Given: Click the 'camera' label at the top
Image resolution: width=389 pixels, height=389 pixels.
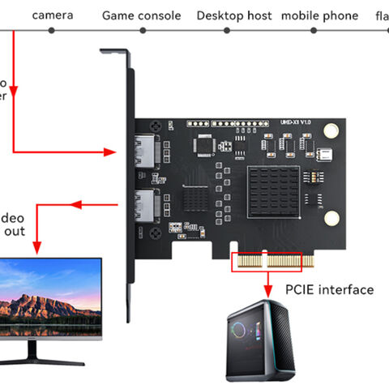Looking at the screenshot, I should click(52, 15).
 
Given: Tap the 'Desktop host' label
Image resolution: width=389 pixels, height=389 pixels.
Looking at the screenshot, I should click(233, 15).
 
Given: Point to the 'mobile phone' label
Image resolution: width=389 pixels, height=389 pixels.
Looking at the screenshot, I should click(319, 15).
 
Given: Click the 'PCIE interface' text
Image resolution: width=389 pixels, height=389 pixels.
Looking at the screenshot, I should click(330, 289).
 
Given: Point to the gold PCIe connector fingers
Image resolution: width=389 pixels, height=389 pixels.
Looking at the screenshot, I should click(268, 262).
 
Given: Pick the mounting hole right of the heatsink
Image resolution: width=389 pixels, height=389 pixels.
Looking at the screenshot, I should click(330, 217).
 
